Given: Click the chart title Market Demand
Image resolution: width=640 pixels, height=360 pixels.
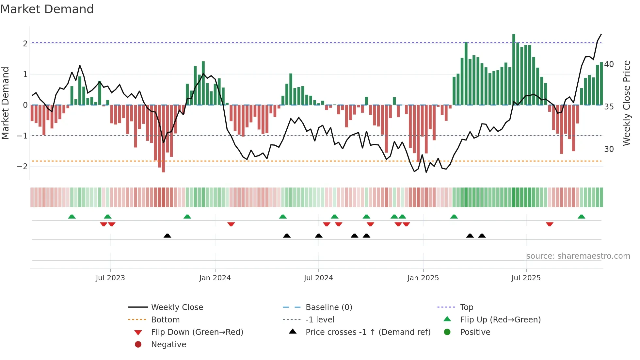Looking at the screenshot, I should [x=47, y=9].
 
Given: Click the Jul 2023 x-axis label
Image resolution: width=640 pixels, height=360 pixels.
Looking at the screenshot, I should [x=110, y=278].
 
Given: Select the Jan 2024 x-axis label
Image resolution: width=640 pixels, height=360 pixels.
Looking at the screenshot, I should [x=215, y=278].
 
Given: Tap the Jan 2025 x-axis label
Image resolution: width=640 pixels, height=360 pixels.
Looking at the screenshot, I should [x=423, y=278].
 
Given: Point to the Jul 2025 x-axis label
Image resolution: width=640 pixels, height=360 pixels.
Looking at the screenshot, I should [x=526, y=278].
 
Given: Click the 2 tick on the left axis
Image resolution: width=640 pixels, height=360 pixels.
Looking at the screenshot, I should [x=25, y=43].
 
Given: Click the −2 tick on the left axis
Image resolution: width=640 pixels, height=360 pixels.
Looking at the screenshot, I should [x=23, y=166].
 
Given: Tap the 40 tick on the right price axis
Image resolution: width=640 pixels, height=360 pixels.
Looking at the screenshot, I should [x=609, y=64].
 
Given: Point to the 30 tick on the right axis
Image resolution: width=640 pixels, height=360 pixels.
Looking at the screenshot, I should [x=609, y=149].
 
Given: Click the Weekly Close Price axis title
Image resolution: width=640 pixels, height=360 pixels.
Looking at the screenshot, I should [x=626, y=103].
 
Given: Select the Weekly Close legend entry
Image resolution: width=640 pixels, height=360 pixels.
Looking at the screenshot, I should [x=177, y=307].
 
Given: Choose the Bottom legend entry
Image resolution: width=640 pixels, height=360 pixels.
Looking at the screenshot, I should [x=165, y=320].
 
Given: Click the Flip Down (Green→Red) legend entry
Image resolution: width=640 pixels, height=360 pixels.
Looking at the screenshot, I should [x=197, y=332].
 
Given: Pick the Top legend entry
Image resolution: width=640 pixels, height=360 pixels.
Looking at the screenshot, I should [x=467, y=307].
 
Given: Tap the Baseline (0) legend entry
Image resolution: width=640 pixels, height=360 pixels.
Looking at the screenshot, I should [x=329, y=307].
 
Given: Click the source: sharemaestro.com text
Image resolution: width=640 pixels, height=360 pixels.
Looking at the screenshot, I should [x=578, y=256].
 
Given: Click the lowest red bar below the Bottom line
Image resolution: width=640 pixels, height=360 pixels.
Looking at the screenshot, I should [x=163, y=139].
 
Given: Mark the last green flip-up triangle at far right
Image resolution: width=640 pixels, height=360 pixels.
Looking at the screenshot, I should [x=581, y=217].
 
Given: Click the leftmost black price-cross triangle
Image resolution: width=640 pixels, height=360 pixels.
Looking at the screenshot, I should [x=167, y=236].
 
